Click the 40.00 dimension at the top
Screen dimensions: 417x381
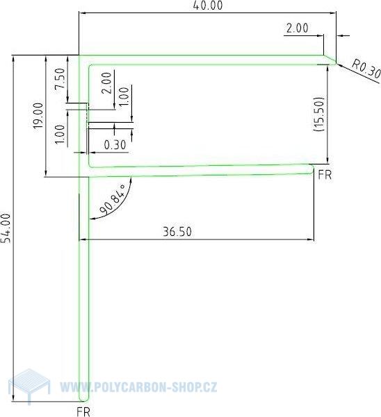(x=209, y=6)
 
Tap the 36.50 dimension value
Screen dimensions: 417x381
(x=177, y=232)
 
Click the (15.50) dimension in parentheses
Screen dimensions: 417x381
(x=318, y=114)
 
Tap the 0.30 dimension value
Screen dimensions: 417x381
(x=115, y=145)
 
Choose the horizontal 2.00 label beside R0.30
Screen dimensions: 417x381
(x=297, y=28)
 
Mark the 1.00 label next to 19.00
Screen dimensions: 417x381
(x=60, y=135)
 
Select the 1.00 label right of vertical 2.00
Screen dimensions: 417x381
(x=124, y=95)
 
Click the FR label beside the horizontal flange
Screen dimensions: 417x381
(x=324, y=174)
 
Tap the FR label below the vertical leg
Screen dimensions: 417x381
(x=83, y=411)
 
